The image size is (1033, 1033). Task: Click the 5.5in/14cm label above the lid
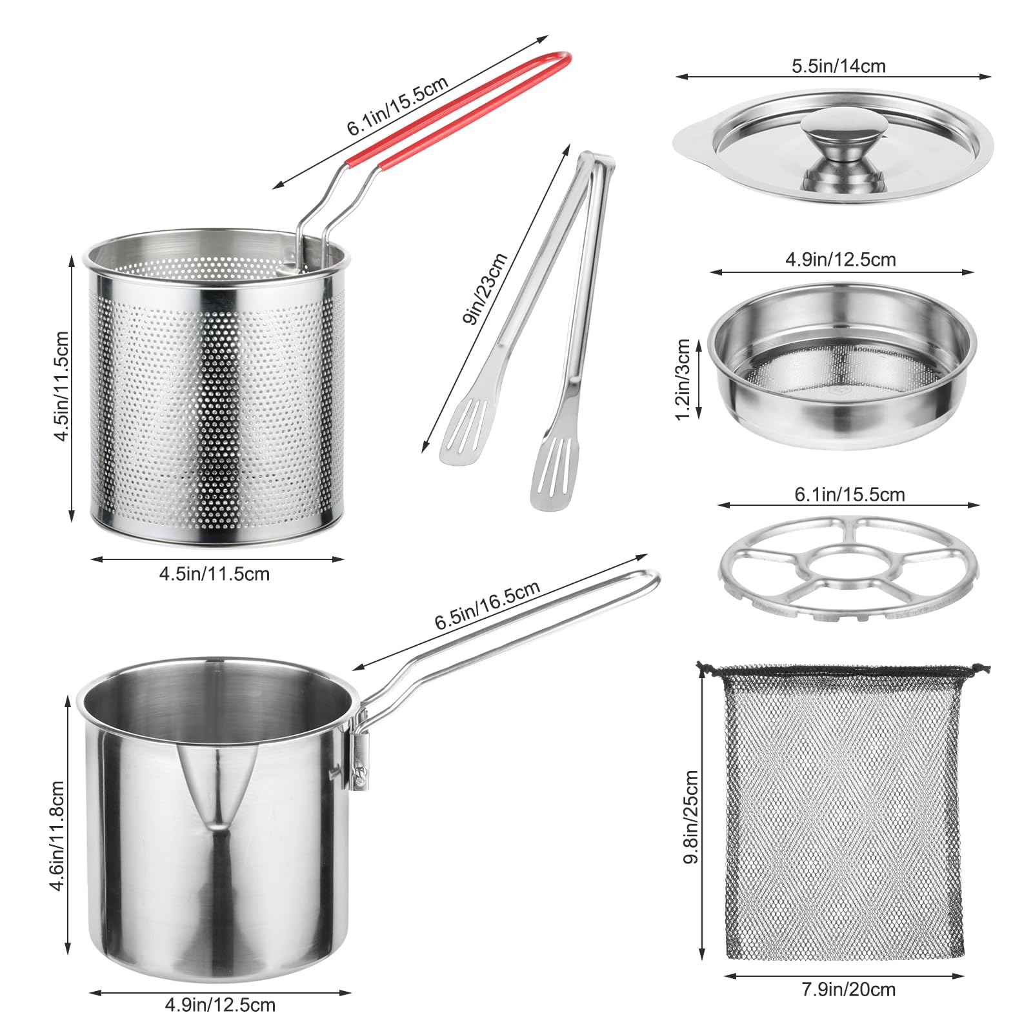(838, 66)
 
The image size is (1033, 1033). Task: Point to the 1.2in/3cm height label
(683, 379)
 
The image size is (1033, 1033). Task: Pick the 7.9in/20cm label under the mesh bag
(848, 989)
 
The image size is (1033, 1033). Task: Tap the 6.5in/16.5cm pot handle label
(487, 605)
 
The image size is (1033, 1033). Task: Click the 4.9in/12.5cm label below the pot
(220, 1005)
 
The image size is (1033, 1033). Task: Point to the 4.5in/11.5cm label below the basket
(214, 574)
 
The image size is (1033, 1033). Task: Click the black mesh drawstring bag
(843, 813)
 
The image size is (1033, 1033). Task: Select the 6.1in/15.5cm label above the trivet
(849, 494)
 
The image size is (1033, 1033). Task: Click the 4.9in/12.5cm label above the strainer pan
(840, 259)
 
